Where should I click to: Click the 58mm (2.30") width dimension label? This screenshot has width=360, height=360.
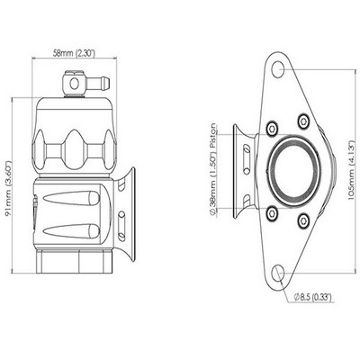click(x=74, y=53)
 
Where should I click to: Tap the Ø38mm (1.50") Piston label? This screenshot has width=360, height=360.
click(x=213, y=169)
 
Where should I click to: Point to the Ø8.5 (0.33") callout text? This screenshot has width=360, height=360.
click(x=312, y=297)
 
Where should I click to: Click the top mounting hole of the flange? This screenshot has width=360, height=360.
click(x=278, y=69)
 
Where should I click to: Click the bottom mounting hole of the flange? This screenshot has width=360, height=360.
click(x=278, y=272)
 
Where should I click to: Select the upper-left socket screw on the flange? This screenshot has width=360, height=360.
click(x=272, y=129)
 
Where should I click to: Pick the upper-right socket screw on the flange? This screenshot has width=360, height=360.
click(x=303, y=121)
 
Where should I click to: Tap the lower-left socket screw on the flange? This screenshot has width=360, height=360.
click(x=272, y=213)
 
